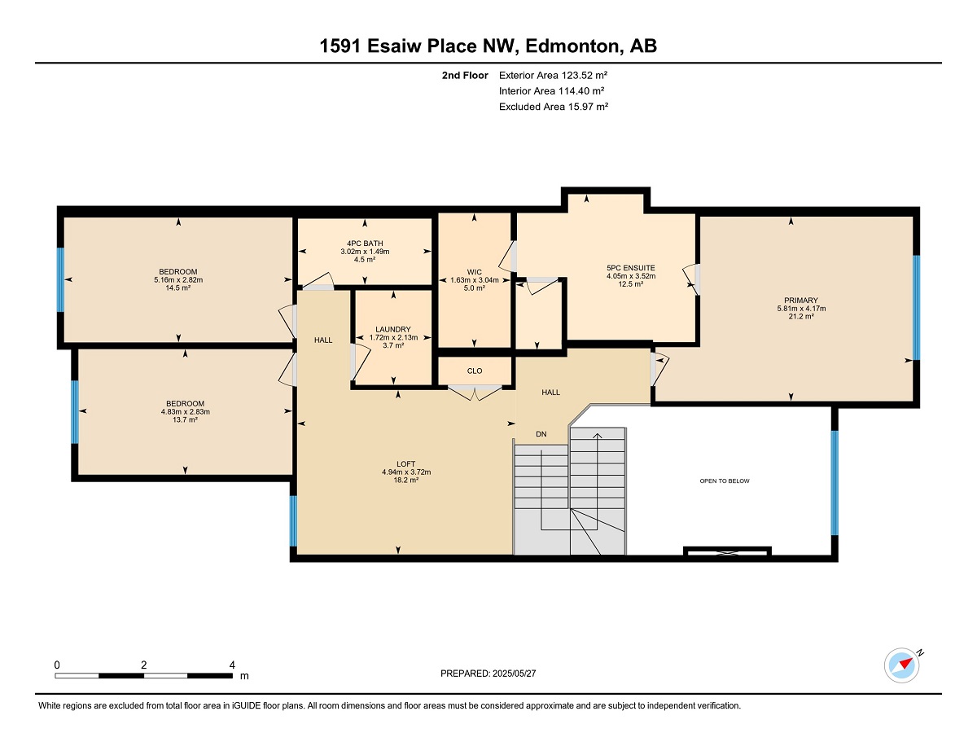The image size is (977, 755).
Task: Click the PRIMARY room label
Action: coord(801,301)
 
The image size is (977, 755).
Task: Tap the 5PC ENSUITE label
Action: coord(631,268)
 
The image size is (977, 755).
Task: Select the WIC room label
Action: coord(475,272)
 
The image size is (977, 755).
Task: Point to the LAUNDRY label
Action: coord(393,329)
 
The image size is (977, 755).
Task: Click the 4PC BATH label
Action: coord(365,244)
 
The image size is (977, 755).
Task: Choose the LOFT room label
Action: coord(406,464)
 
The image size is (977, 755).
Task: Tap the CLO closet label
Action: coord(475,371)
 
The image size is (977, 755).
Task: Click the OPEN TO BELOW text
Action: coord(725,481)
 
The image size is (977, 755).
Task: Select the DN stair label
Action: coord(541,434)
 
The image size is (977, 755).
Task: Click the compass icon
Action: coord(901,665)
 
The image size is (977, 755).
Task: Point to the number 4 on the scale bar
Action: coord(232,665)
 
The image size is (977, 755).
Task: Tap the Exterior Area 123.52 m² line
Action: coord(553,76)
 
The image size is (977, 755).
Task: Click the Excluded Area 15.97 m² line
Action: coord(554,107)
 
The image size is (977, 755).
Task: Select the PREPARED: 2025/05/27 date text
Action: coord(488,674)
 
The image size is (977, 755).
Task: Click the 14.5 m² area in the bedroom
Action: coord(178,288)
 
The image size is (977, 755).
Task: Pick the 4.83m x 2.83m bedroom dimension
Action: coord(186,412)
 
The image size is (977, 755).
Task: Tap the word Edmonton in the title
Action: coord(572,46)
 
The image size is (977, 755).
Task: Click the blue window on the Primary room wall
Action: coord(916,308)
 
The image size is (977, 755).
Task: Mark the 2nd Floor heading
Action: coord(465,76)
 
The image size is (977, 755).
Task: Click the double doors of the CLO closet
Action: coord(475,393)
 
